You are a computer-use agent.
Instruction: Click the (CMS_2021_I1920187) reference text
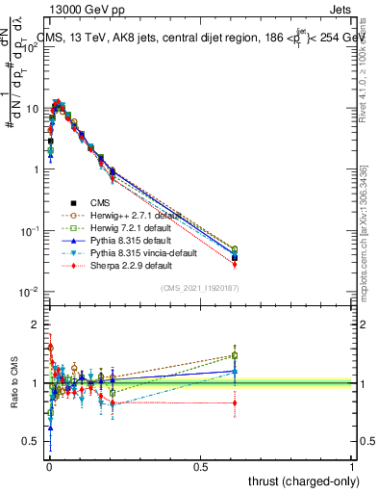(x=199, y=287)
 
